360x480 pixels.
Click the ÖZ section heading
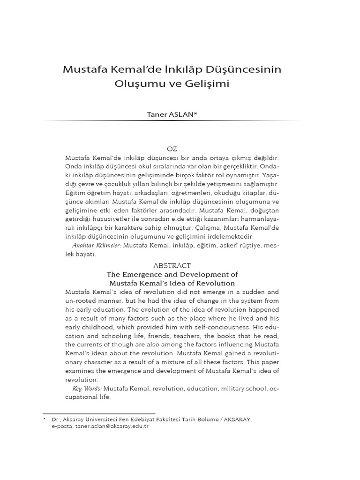172,149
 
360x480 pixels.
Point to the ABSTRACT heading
172,265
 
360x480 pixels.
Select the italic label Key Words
87,389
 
